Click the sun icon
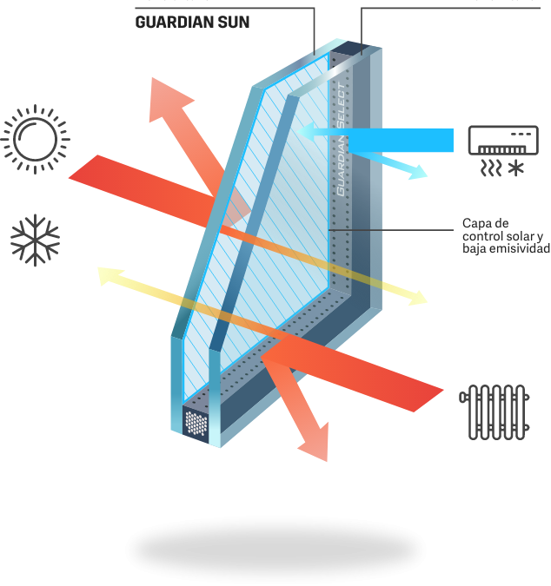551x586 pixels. pos(35,139)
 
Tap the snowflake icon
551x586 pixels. pos(35,240)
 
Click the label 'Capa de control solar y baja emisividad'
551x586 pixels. pos(505,235)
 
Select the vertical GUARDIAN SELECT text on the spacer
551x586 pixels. pos(342,139)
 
